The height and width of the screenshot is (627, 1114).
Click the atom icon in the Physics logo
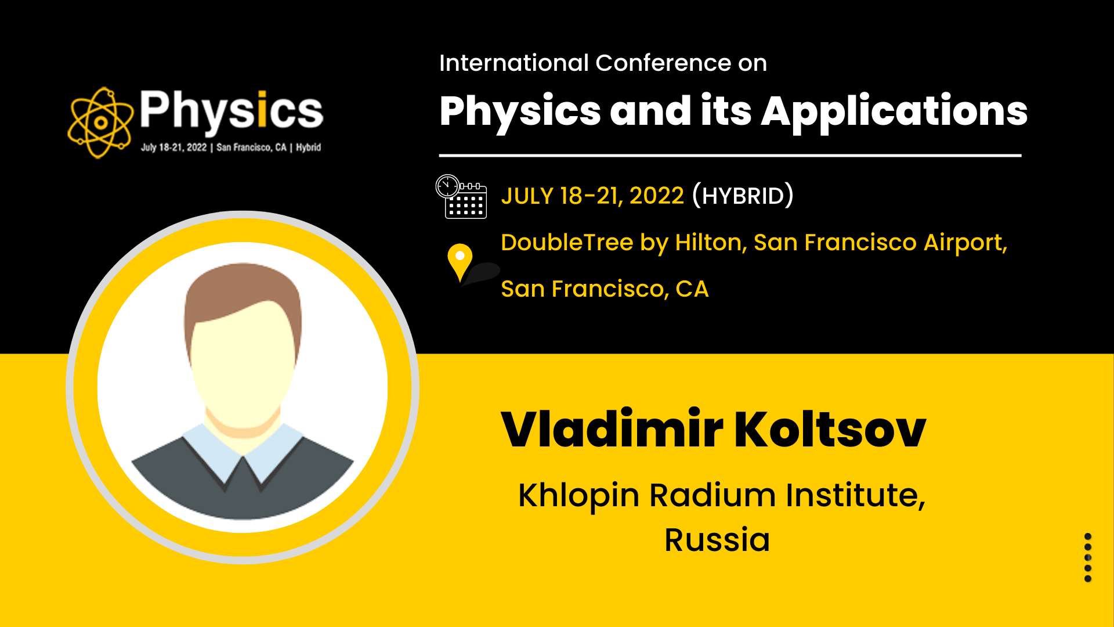(100, 122)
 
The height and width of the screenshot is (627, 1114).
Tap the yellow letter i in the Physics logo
(262, 109)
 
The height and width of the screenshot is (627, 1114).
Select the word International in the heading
(514, 63)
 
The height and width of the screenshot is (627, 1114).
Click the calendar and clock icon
(461, 196)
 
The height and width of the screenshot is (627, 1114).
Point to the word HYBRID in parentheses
(743, 196)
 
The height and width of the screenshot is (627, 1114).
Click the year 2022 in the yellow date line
(657, 196)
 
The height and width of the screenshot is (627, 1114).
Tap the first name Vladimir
(612, 430)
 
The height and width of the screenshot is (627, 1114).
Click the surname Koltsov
(830, 430)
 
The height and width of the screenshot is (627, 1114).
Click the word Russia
(717, 540)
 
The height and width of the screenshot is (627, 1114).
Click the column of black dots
(1088, 557)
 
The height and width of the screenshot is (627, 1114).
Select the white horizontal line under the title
(730, 156)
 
